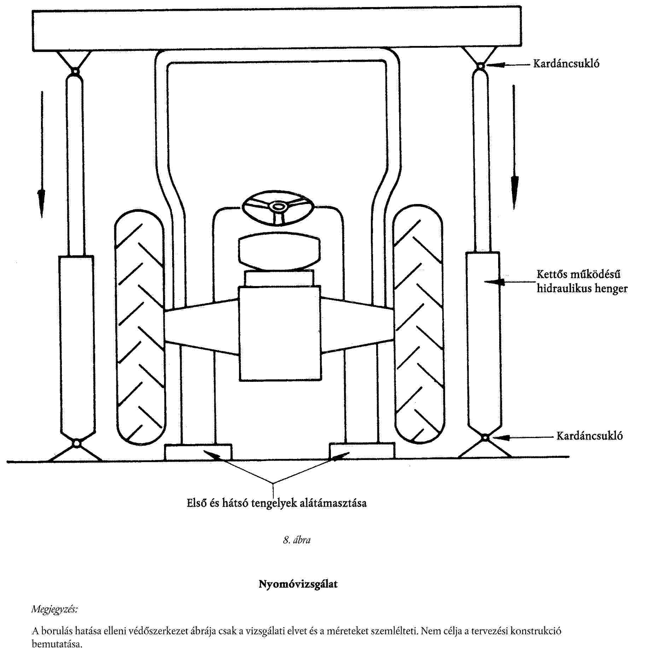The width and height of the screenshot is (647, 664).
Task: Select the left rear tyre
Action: coord(140,327)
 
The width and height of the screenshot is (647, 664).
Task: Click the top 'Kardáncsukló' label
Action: coord(566,64)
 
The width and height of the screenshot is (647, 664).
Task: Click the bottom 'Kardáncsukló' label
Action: coord(589,436)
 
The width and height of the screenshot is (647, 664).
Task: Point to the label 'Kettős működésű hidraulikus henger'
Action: coord(582,281)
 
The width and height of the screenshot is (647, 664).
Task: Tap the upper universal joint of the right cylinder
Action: coord(480,66)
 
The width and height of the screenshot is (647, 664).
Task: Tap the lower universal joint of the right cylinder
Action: coord(485,438)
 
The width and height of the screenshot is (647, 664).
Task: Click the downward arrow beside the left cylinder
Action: coord(42,155)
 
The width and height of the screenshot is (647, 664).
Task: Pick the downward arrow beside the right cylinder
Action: coord(514,147)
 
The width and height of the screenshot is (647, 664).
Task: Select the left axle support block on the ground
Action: coord(198,452)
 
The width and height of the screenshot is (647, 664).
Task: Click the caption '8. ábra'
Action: coord(297,540)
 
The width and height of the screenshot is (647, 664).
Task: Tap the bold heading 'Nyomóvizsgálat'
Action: coord(298,584)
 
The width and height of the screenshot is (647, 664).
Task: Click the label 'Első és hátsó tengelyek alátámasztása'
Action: coord(276,503)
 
